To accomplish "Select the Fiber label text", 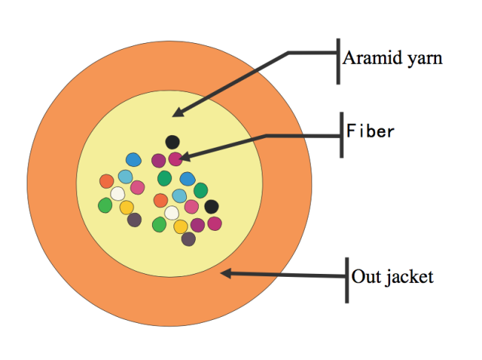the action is click(x=370, y=131).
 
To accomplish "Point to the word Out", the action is click(x=366, y=276).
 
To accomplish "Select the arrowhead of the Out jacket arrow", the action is click(x=227, y=273).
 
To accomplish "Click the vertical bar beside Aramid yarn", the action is click(x=338, y=62).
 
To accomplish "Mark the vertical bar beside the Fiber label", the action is click(x=342, y=135).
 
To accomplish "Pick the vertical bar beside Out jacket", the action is click(x=347, y=281).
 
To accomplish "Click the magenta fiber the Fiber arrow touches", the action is click(x=176, y=159).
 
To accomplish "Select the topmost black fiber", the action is click(x=173, y=143).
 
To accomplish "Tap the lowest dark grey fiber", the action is click(x=188, y=239).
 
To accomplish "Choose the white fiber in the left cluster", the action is click(x=118, y=194).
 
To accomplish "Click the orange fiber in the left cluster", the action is click(x=107, y=181).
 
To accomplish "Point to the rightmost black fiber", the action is click(x=211, y=207).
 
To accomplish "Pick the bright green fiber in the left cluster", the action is click(x=105, y=205).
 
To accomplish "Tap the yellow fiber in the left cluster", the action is click(x=127, y=208).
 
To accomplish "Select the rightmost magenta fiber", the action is click(x=214, y=223).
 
